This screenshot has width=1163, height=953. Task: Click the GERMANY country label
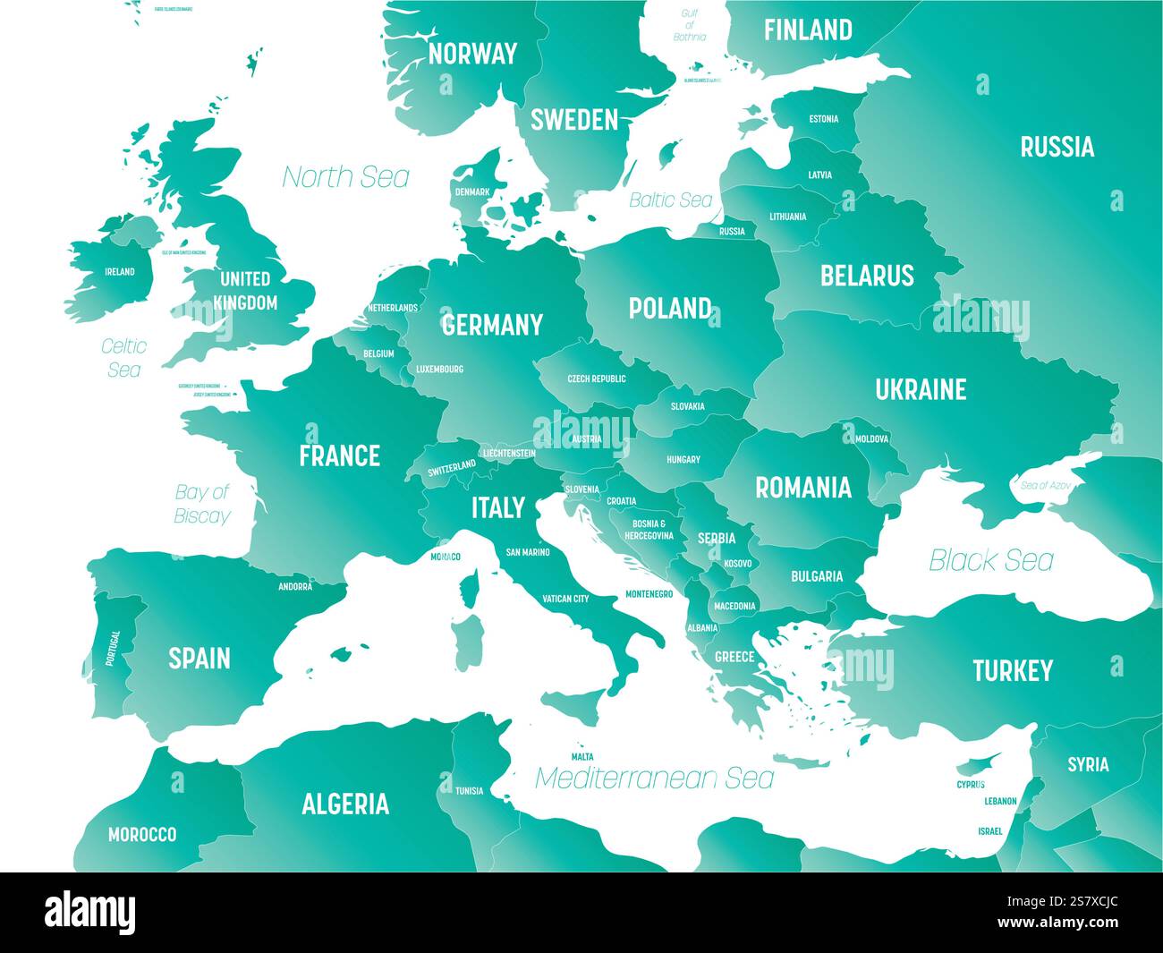click(x=492, y=324)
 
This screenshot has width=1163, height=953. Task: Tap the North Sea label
click(x=345, y=177)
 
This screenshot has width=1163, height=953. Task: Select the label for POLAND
click(x=669, y=309)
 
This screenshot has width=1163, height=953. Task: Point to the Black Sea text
click(x=990, y=560)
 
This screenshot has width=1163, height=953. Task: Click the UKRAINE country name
click(x=921, y=389)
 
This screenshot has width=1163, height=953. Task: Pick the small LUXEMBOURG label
click(x=439, y=369)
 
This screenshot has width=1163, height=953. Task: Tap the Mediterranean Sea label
click(x=654, y=778)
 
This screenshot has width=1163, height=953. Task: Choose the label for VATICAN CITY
click(x=565, y=599)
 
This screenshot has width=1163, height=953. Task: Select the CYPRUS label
click(x=971, y=785)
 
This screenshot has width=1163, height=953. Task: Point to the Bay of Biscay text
click(x=201, y=504)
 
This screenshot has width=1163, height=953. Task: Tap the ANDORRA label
click(x=295, y=587)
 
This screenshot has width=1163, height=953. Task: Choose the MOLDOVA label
click(x=871, y=439)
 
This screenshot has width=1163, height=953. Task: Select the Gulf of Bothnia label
click(x=689, y=25)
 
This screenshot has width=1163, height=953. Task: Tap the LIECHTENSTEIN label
click(x=508, y=454)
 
